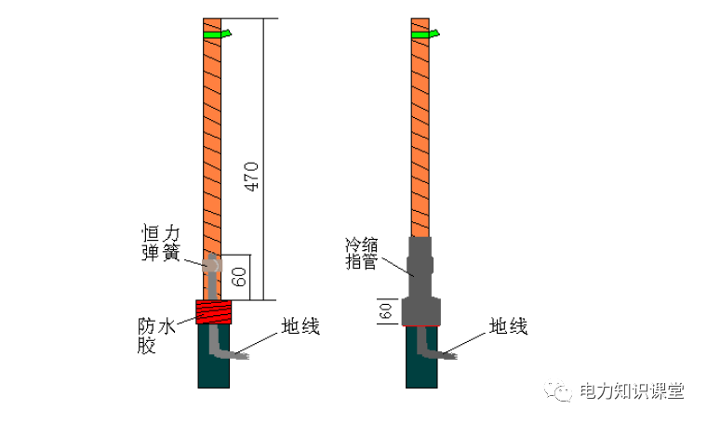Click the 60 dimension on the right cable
(x=382, y=311)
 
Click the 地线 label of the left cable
(x=300, y=327)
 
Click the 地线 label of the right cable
(x=509, y=327)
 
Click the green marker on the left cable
(x=217, y=34)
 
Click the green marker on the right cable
(x=425, y=34)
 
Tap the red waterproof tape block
(x=214, y=311)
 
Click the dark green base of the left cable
(x=214, y=367)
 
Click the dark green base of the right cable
(x=422, y=367)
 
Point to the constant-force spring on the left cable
(x=213, y=266)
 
